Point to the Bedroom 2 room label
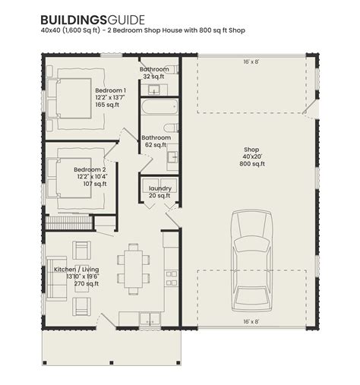(x=90, y=169)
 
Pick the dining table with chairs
(x=134, y=269)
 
